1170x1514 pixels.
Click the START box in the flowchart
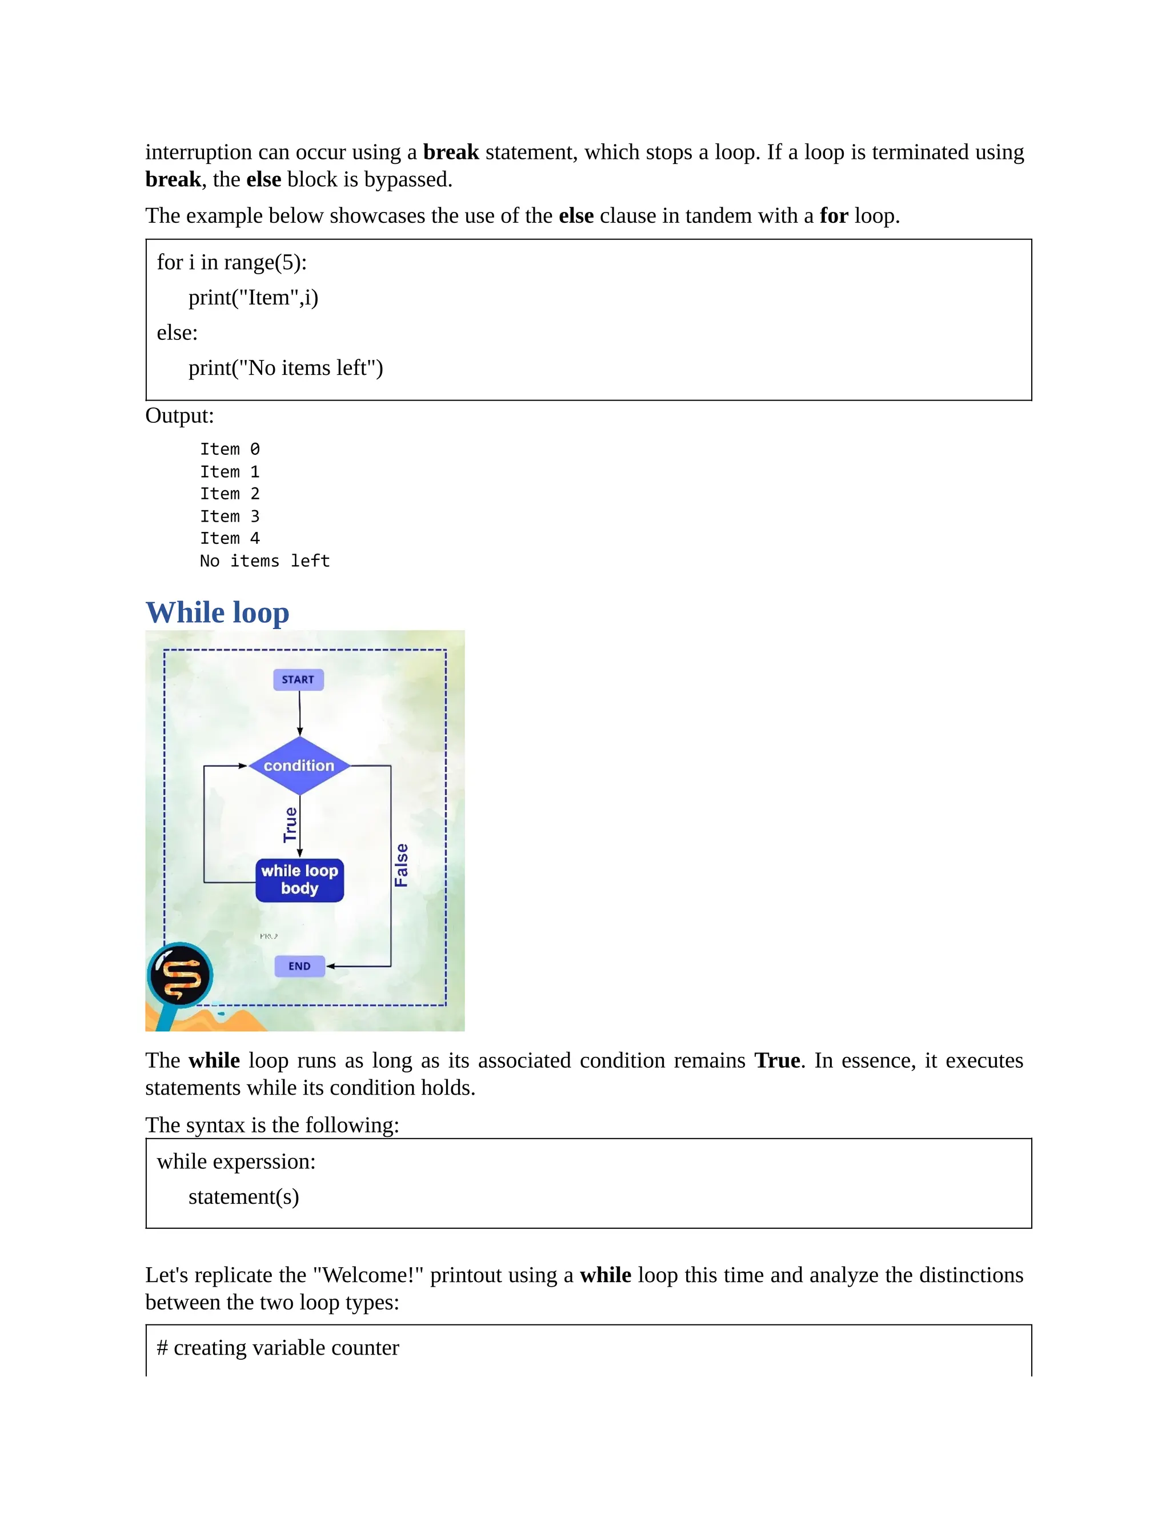pos(298,679)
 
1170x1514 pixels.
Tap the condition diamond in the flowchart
pos(299,766)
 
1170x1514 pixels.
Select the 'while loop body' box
pos(299,880)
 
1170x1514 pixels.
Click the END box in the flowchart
pos(299,966)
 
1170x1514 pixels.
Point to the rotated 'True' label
pos(290,824)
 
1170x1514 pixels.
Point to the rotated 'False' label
pos(401,864)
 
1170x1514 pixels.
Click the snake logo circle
pos(180,975)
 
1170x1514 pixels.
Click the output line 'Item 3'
pos(230,516)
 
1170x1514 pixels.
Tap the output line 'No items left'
pos(264,561)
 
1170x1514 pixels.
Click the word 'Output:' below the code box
pos(179,415)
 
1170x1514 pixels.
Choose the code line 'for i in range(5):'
pos(231,262)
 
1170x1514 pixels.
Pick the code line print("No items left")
pos(286,367)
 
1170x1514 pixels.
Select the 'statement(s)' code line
pos(243,1196)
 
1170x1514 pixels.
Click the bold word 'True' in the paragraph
pos(777,1060)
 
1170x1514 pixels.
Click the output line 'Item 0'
pos(230,449)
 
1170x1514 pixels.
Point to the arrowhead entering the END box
pos(331,966)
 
